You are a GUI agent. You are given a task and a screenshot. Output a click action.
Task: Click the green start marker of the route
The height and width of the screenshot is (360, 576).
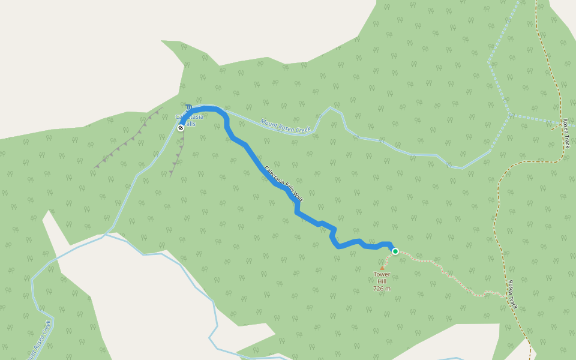[395, 251]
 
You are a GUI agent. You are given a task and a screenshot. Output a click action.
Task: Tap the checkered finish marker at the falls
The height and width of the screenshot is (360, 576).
[181, 127]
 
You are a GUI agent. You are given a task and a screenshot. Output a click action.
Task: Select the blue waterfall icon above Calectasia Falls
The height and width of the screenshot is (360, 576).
[189, 108]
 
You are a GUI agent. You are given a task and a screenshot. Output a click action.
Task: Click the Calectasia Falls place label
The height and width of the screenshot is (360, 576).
[189, 120]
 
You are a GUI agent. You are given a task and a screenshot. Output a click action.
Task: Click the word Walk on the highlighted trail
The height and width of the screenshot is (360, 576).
[305, 193]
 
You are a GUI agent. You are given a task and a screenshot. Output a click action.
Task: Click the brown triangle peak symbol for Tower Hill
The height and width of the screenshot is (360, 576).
[382, 268]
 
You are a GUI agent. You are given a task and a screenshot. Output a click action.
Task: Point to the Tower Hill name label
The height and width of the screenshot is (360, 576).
[382, 278]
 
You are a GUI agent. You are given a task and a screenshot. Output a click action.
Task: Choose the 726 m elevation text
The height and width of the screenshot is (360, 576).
[382, 289]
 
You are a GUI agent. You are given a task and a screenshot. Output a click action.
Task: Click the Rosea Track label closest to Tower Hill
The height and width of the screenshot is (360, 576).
[512, 295]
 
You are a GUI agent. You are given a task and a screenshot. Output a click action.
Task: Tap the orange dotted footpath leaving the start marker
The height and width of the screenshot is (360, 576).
[420, 260]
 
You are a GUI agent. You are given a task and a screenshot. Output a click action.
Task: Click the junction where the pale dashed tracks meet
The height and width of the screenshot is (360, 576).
[510, 114]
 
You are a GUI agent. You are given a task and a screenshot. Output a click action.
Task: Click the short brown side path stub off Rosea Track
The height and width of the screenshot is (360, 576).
[554, 127]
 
